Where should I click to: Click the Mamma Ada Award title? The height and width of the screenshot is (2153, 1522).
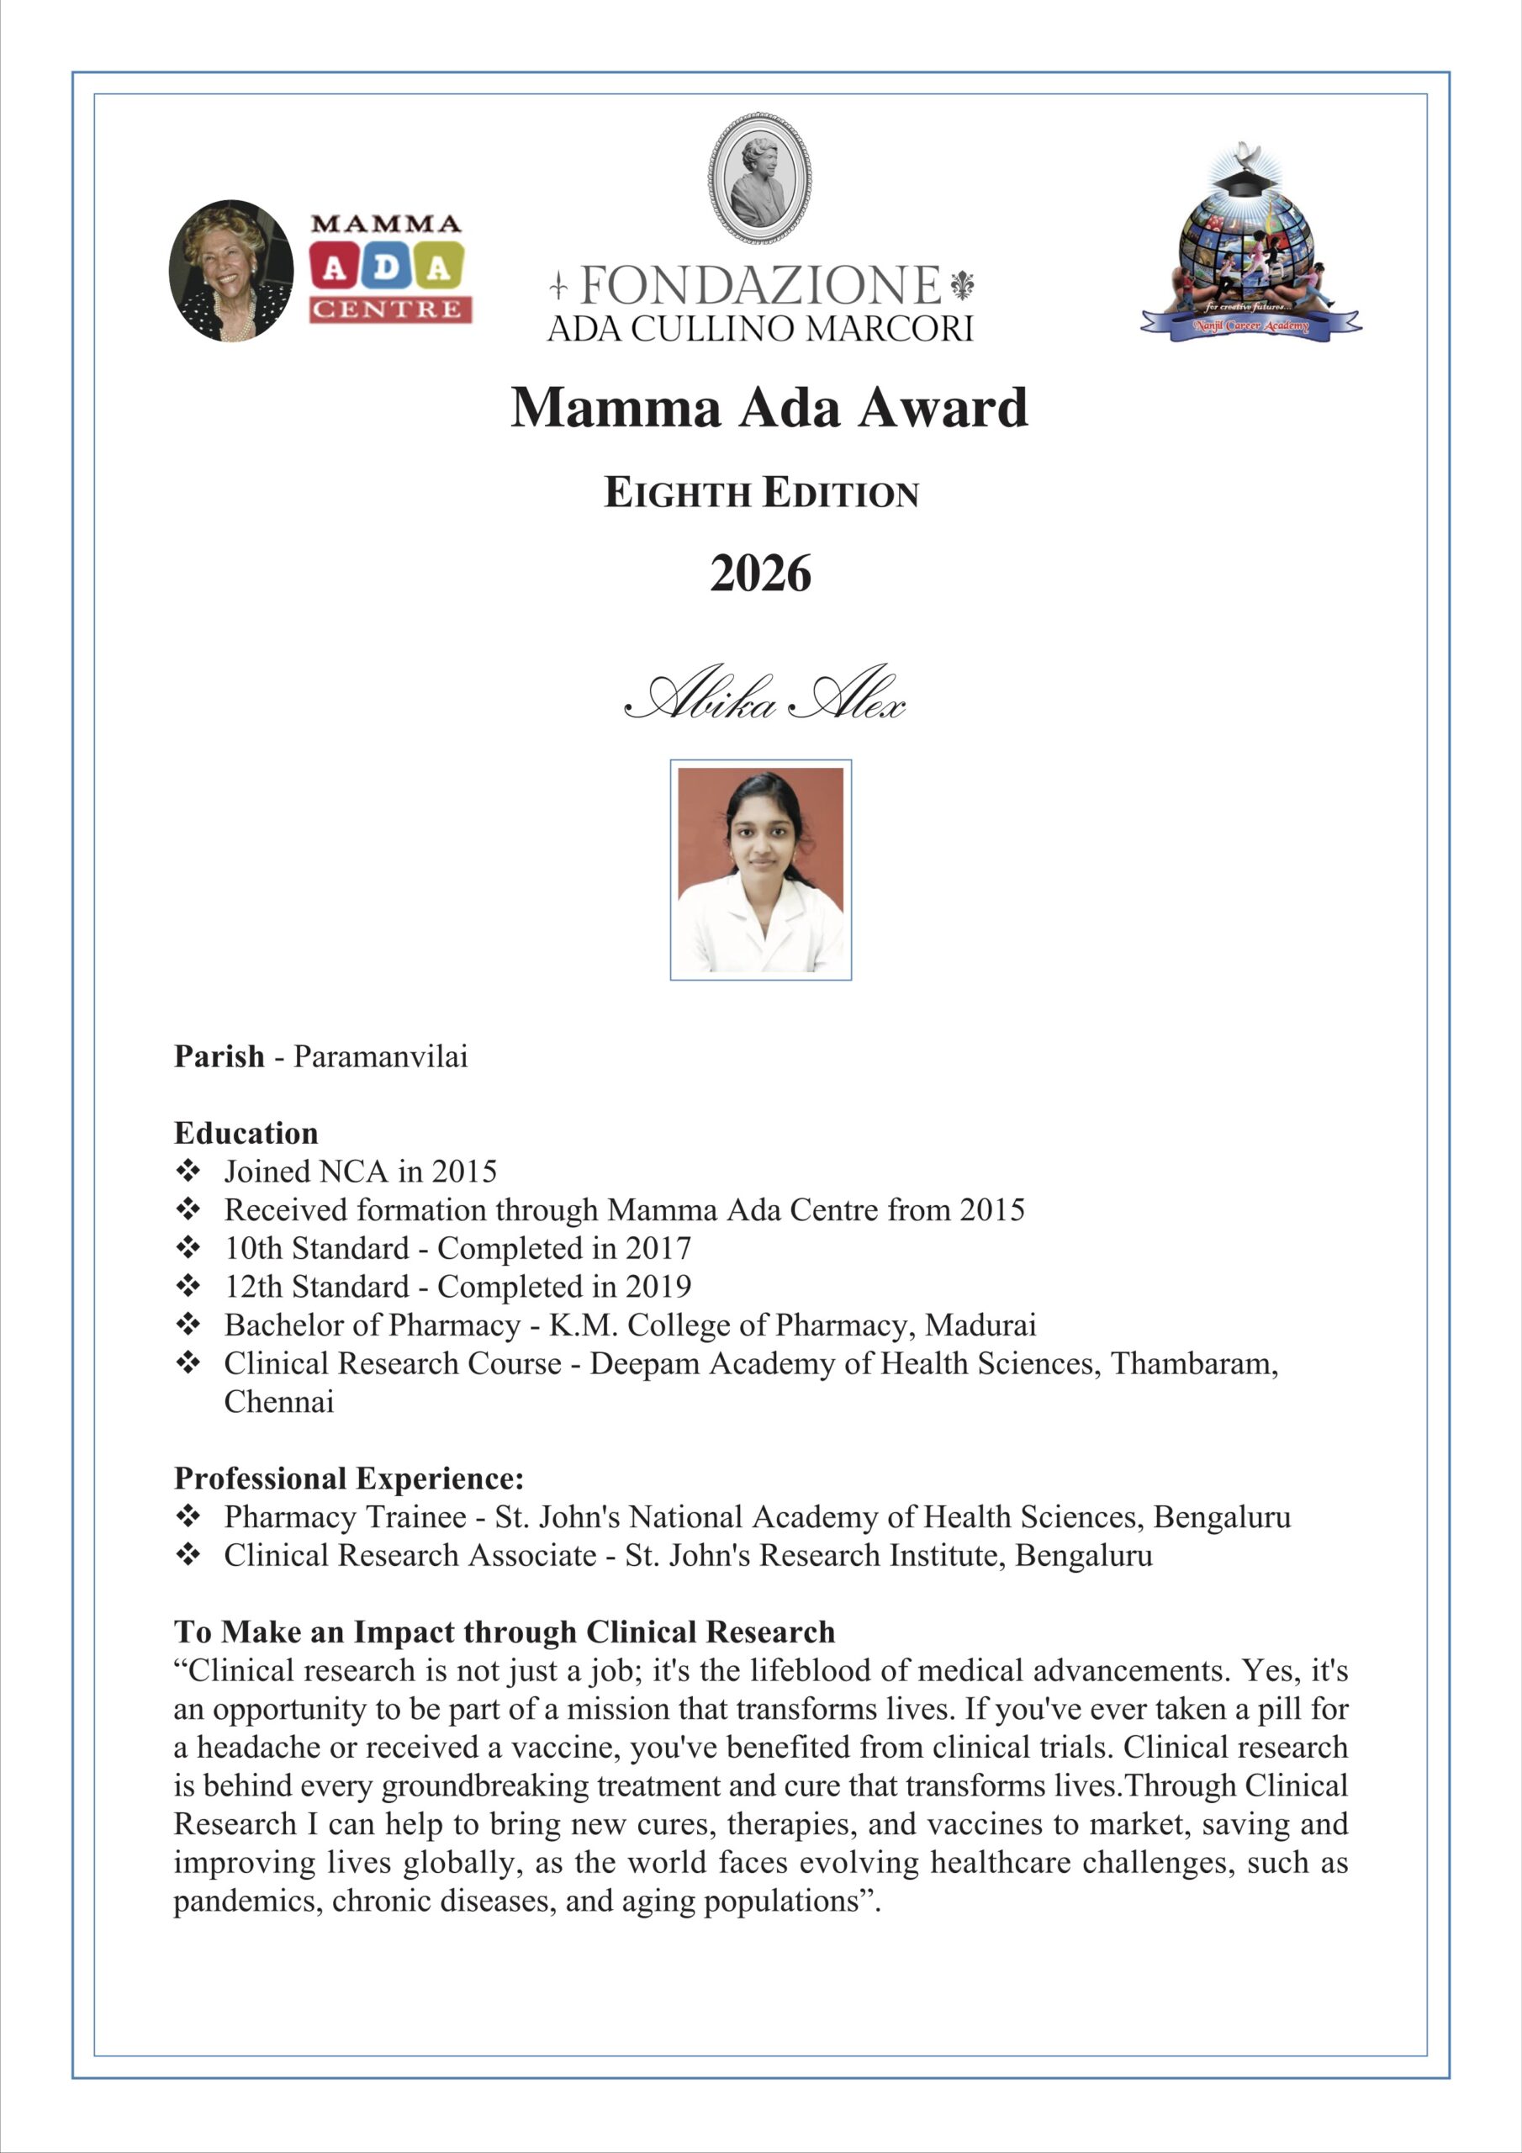pos(769,408)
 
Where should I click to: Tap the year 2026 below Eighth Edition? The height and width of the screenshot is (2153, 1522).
pos(760,574)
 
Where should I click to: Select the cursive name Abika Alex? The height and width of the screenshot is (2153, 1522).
pos(765,696)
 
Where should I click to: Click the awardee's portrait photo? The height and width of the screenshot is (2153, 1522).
pos(760,870)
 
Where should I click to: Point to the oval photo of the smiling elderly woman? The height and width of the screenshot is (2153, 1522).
pos(230,270)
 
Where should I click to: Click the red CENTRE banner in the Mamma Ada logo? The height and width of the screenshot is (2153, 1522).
pos(390,309)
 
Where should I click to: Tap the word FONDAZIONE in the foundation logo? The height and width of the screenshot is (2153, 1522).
pos(760,285)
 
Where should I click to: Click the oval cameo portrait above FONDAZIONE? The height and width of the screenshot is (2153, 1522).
pos(759,178)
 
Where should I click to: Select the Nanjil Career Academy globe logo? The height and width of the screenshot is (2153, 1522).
pos(1250,244)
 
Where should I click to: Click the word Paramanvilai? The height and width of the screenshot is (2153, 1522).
pos(380,1057)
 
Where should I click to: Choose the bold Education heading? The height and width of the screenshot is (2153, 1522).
pos(246,1133)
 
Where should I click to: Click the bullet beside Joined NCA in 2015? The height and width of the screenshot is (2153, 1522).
pos(188,1170)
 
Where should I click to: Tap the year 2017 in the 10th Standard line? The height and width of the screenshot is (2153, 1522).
pos(658,1248)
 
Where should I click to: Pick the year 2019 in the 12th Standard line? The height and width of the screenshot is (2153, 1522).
pos(658,1287)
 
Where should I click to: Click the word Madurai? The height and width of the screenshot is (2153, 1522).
pos(981,1325)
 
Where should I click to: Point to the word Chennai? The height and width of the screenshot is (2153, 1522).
pos(278,1402)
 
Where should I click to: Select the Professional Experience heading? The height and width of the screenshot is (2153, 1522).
pos(349,1479)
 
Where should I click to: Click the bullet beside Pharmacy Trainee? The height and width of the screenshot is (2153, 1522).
pos(188,1516)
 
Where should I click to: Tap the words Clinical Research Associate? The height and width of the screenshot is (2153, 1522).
pos(410,1556)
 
